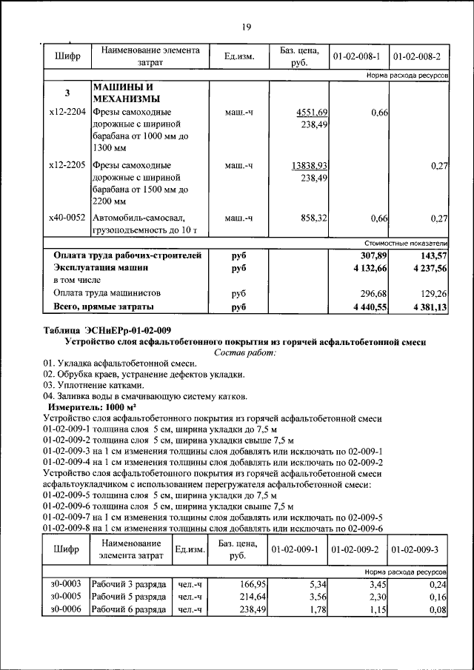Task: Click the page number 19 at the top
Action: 247,27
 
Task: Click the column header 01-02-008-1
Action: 356,56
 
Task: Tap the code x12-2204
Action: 67,112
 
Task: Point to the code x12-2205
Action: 67,165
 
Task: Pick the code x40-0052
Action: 67,218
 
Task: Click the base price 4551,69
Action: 312,112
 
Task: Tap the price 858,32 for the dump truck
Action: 313,218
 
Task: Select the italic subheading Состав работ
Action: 244,353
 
